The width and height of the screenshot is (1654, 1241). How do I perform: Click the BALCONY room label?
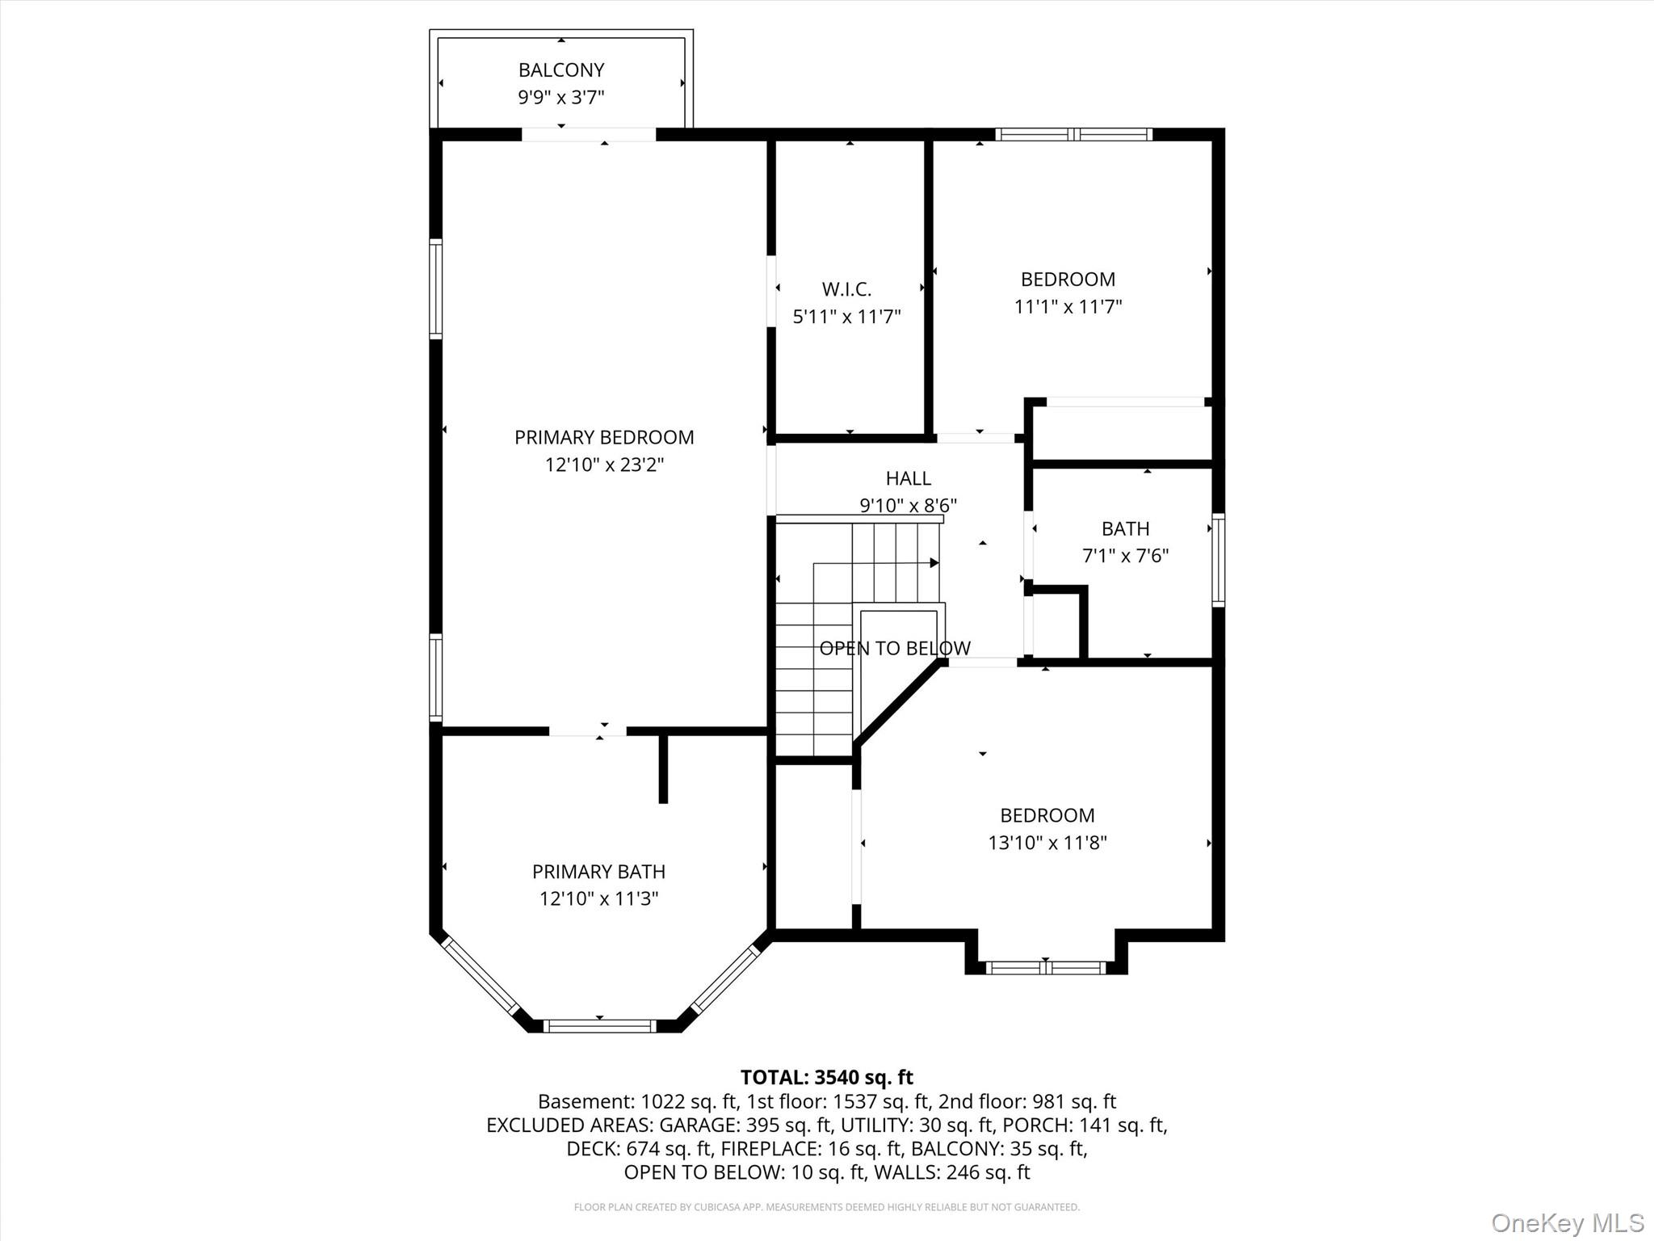561,70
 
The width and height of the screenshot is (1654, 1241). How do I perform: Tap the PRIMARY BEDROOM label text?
604,437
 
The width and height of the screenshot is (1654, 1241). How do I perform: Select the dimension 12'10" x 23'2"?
604,465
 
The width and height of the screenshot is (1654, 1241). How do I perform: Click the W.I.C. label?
846,289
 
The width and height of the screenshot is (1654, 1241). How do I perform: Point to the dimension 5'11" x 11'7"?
846,317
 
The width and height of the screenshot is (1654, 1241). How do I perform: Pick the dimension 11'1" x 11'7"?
1068,307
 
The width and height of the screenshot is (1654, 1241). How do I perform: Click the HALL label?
908,478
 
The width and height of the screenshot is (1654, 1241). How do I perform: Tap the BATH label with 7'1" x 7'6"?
1125,529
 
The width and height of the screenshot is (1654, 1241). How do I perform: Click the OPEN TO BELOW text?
895,648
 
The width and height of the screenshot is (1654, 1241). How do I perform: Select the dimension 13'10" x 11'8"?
1047,843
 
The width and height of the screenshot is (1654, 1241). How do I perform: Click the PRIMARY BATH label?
598,872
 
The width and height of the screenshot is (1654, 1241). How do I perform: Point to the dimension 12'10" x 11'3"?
598,898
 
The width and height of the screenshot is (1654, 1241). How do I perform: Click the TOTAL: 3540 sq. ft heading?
826,1077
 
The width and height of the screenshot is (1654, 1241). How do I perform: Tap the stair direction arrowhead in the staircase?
934,562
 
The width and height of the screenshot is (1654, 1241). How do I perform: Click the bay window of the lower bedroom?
1045,967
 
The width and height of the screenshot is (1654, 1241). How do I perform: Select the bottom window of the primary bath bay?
598,1026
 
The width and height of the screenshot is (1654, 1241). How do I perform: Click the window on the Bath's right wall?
1218,560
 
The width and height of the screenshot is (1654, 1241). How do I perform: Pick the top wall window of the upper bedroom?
1073,134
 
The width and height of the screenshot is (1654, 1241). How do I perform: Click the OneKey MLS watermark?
1567,1222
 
